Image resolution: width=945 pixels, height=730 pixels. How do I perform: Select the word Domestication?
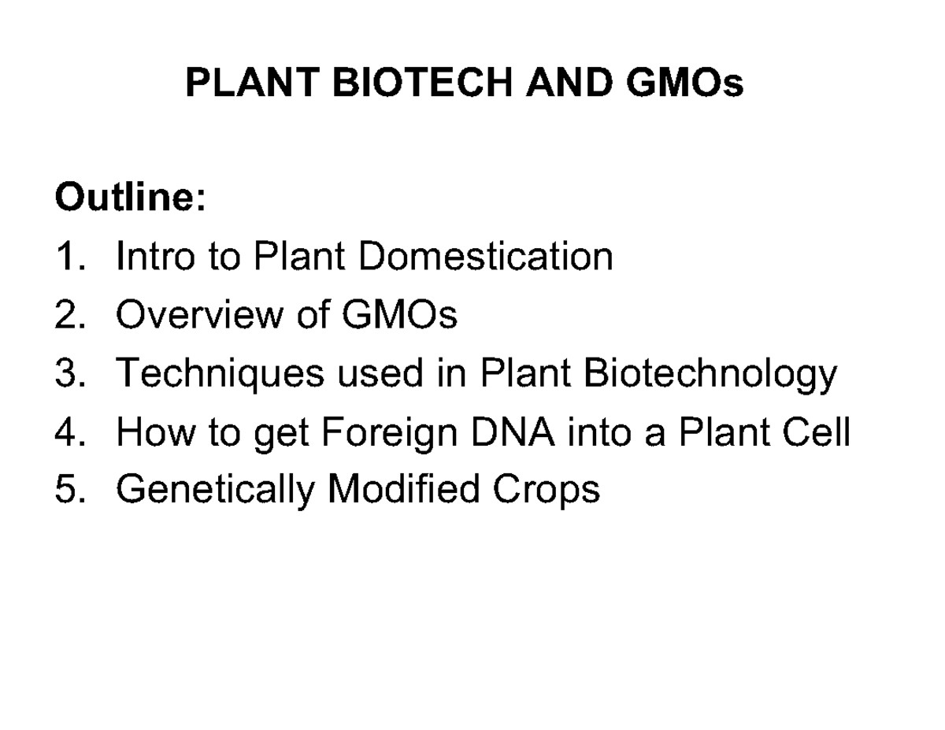[x=485, y=256]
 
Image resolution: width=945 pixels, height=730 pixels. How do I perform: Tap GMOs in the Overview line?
[x=399, y=315]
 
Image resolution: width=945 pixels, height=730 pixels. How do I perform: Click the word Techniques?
[x=220, y=375]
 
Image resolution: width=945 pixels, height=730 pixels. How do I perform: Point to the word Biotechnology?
[x=709, y=375]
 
